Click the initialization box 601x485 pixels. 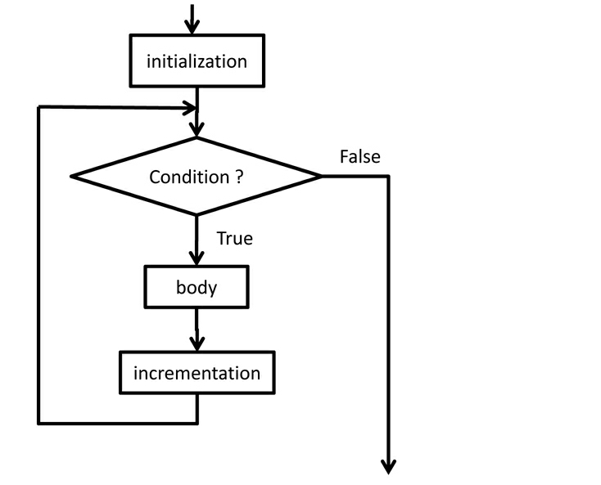tap(197, 61)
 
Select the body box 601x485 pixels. tap(197, 287)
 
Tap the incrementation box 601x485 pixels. tap(197, 373)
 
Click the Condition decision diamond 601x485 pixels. tap(197, 176)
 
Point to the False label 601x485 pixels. tap(359, 156)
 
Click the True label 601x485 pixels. tap(234, 239)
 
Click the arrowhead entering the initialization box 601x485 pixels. tap(192, 27)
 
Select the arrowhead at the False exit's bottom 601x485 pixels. tap(389, 466)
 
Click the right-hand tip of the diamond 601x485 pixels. tap(321, 176)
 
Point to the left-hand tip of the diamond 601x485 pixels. tap(73, 176)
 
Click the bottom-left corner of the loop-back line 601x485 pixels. tap(39, 423)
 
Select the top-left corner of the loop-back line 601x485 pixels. tap(39, 107)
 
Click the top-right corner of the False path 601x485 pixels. tap(388, 176)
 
